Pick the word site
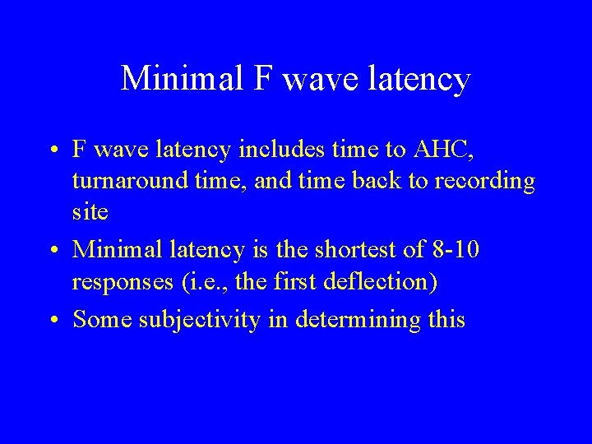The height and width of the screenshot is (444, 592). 90,210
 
